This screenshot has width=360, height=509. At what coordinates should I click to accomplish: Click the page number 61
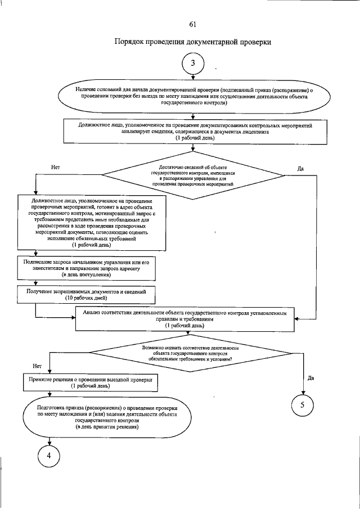click(x=193, y=24)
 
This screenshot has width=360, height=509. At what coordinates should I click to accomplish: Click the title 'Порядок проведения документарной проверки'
click(x=193, y=42)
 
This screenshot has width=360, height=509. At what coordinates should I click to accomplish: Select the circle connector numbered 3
click(x=193, y=64)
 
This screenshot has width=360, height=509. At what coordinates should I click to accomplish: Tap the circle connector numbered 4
click(x=49, y=456)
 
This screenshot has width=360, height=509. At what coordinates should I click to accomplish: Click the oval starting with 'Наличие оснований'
click(x=193, y=96)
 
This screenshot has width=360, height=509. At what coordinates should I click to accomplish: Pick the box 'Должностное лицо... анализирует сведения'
click(x=193, y=132)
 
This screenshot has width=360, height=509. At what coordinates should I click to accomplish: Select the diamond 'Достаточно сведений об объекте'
click(x=193, y=175)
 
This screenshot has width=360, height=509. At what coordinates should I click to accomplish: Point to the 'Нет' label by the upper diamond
click(x=55, y=167)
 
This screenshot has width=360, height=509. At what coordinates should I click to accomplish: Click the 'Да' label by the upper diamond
click(x=301, y=167)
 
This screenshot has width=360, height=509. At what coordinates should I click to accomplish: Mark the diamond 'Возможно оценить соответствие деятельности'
click(x=191, y=353)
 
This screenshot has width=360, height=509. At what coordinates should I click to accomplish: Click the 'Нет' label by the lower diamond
click(x=38, y=366)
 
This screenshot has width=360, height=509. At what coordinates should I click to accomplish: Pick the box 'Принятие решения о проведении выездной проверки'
click(x=91, y=384)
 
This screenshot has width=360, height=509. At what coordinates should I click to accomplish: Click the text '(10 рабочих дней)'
click(x=85, y=299)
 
